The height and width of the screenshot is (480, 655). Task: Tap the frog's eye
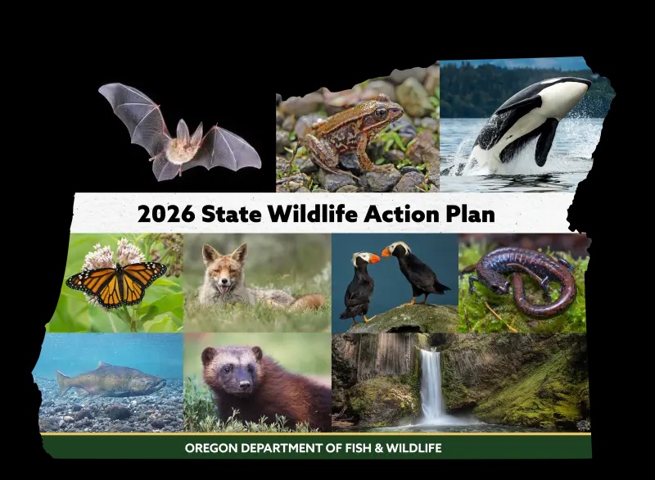[380, 112]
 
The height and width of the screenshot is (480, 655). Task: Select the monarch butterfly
[116, 281]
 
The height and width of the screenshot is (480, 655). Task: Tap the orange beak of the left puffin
[372, 258]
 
